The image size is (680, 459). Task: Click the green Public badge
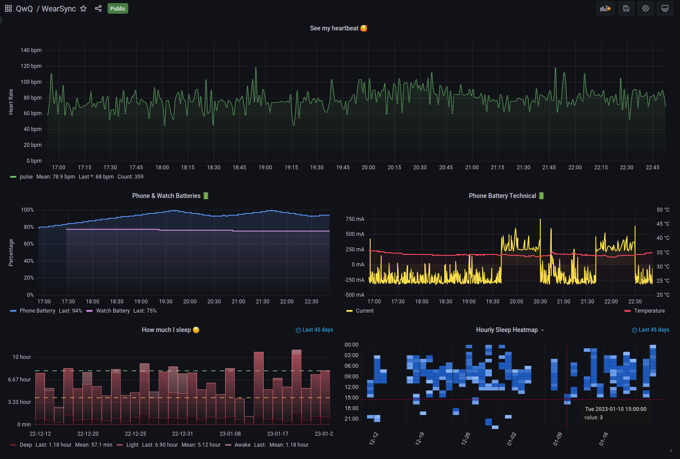click(118, 8)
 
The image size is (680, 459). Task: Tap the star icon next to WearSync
click(83, 8)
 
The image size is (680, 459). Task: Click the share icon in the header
click(98, 8)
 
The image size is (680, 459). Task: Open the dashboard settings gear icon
click(646, 8)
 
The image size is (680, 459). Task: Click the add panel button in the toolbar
click(605, 8)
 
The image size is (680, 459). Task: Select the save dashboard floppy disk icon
click(626, 8)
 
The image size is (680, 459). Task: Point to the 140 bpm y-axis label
click(31, 50)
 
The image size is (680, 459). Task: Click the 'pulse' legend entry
click(26, 177)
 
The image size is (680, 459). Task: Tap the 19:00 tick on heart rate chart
click(265, 168)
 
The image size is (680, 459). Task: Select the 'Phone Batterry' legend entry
click(37, 311)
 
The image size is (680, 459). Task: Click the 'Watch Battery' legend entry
click(113, 311)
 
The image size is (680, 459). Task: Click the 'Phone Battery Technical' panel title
click(502, 196)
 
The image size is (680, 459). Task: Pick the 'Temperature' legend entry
click(649, 311)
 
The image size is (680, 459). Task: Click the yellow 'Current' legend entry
click(364, 311)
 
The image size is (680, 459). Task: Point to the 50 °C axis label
click(663, 210)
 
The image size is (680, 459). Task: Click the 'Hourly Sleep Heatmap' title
click(507, 330)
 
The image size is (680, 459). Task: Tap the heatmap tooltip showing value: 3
click(615, 413)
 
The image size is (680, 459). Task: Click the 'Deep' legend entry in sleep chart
click(26, 445)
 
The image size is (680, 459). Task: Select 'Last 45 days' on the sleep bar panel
click(315, 330)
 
